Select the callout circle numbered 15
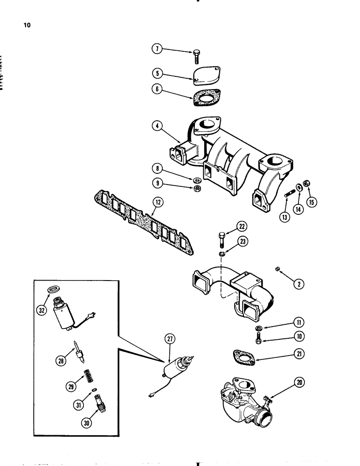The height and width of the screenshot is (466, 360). tap(311, 202)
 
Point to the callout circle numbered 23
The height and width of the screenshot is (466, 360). tap(242, 241)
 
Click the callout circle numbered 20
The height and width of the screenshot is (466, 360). tap(299, 383)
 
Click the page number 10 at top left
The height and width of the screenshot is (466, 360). tap(26, 25)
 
